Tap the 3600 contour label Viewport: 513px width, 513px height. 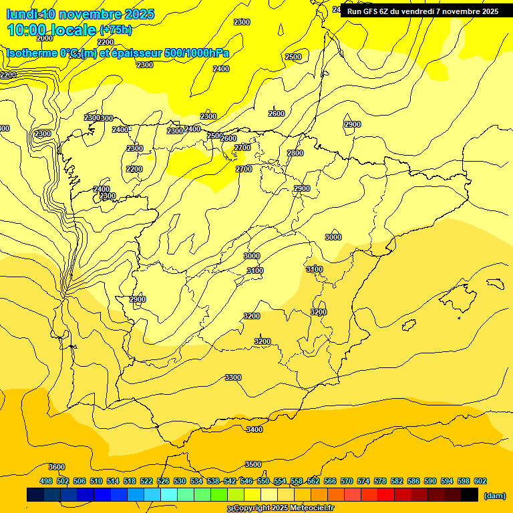(x=57, y=467)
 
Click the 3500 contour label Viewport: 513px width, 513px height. (x=253, y=464)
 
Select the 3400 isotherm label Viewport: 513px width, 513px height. (x=254, y=430)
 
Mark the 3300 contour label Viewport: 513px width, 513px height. (x=233, y=377)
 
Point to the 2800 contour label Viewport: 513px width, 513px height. (x=295, y=153)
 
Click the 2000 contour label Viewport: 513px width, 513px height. (x=45, y=57)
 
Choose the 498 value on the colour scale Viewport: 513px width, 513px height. (x=46, y=481)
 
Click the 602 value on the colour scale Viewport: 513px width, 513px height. (x=480, y=481)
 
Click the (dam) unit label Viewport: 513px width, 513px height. (x=494, y=495)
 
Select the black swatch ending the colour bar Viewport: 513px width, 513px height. (x=470, y=495)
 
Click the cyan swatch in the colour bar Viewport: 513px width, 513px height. (x=169, y=495)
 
